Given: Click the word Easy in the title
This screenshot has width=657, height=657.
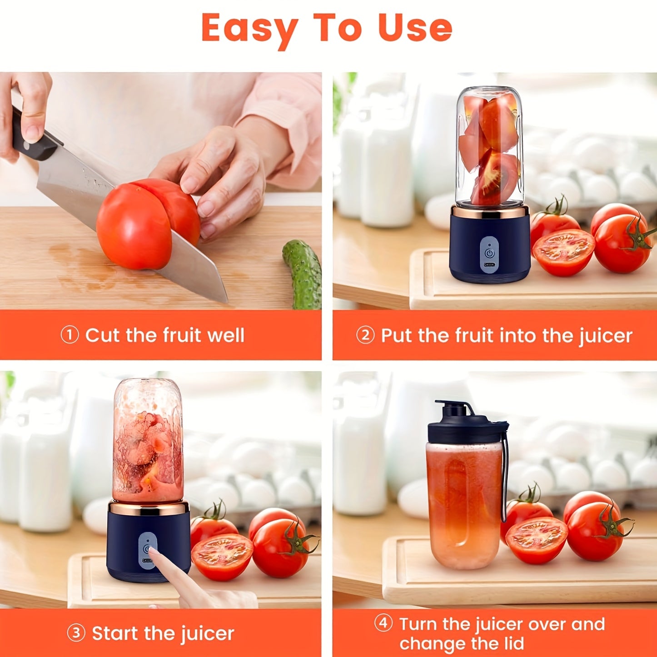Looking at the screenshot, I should click(x=249, y=28).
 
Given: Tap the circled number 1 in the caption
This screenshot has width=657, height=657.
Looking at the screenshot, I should click(x=70, y=335).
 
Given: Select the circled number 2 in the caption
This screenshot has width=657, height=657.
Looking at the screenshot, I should click(x=365, y=335).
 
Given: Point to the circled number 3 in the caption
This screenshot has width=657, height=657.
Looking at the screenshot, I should click(x=76, y=632).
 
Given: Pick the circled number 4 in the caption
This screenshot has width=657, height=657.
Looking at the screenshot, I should click(x=383, y=623).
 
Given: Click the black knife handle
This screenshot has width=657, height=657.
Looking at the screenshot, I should click(x=32, y=136).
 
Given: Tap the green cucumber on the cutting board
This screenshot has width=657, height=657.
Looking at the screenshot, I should click(x=303, y=273).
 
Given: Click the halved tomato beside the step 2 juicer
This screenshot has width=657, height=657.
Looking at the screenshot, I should click(x=563, y=252).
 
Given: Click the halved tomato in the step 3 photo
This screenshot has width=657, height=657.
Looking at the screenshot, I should click(x=222, y=557).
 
